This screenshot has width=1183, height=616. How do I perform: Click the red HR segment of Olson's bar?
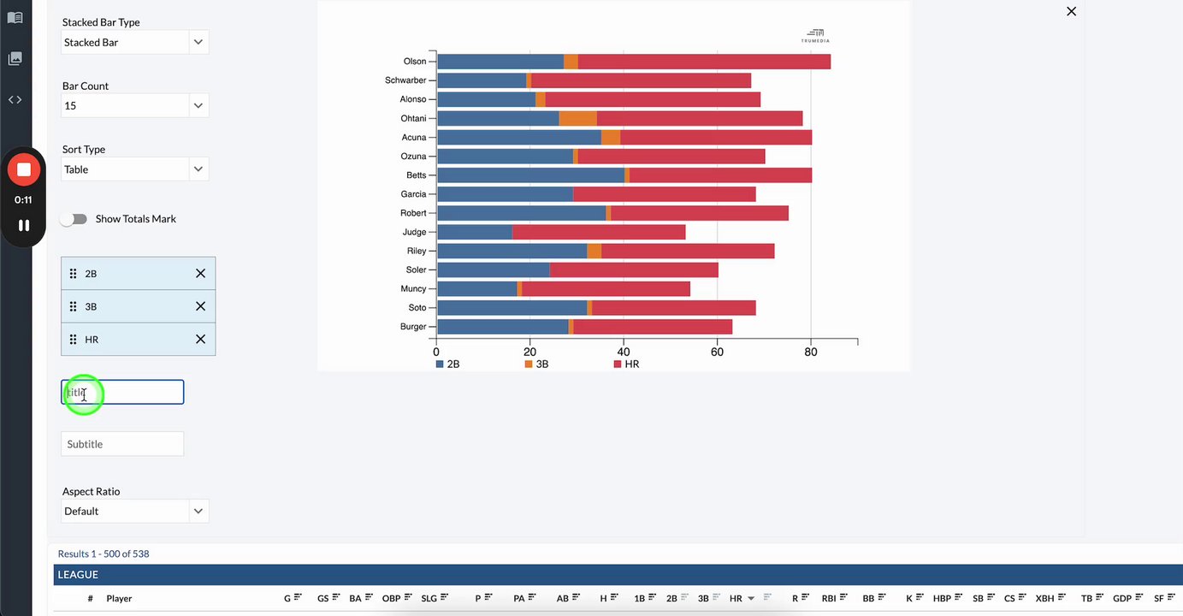(x=703, y=62)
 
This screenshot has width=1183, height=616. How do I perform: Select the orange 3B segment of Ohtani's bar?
(x=577, y=118)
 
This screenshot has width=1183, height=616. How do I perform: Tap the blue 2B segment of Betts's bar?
(x=530, y=175)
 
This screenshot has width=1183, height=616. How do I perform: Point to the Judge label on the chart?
(x=414, y=232)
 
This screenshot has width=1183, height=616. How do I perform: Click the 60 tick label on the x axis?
(x=717, y=352)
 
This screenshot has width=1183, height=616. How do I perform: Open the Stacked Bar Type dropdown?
(x=134, y=43)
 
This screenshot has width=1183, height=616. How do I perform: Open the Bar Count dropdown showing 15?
(x=134, y=106)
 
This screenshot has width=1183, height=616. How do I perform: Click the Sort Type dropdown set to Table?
(x=134, y=169)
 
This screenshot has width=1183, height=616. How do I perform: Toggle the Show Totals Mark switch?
(x=74, y=219)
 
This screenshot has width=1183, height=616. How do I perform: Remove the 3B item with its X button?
(x=200, y=306)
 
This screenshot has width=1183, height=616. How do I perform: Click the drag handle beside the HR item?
(x=73, y=340)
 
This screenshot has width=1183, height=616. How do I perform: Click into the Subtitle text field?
(x=122, y=444)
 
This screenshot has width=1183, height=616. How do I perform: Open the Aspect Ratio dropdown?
(x=134, y=512)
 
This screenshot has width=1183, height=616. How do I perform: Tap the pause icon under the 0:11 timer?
(x=24, y=225)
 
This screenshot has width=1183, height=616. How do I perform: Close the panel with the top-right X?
(x=1071, y=11)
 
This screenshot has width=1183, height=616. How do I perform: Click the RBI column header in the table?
(x=828, y=599)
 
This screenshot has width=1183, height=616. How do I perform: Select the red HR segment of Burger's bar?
(x=652, y=327)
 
